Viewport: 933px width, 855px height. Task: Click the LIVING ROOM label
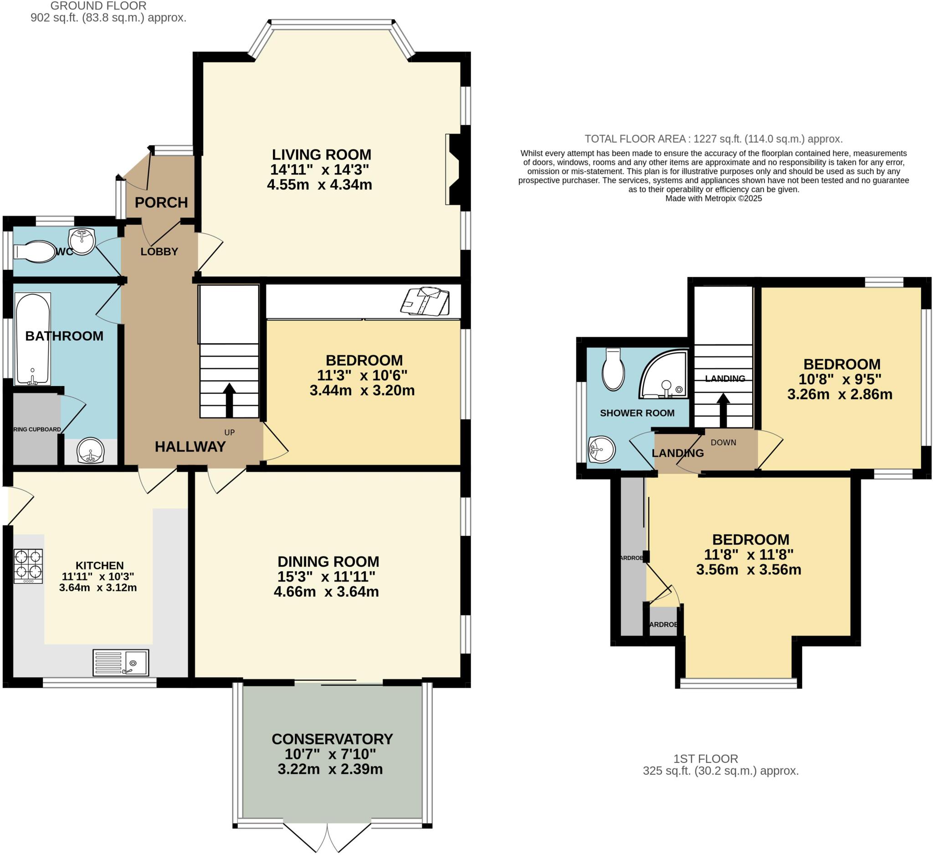321,155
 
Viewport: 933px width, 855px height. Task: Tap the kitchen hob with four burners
28,566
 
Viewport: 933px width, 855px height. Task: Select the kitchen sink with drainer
121,662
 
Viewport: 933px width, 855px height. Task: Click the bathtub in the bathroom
32,339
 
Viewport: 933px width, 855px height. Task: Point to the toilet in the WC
35,252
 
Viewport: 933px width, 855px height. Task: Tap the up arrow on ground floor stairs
229,400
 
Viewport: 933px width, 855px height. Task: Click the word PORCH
161,202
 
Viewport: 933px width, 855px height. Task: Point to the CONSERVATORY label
332,739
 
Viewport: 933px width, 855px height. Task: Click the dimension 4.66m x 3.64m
326,592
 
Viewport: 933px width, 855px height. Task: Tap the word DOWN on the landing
723,443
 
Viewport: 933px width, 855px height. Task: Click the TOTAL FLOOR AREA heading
713,139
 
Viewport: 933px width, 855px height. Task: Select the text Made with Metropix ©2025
713,199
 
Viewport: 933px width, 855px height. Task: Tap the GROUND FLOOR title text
98,6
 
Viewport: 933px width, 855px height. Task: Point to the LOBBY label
159,252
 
